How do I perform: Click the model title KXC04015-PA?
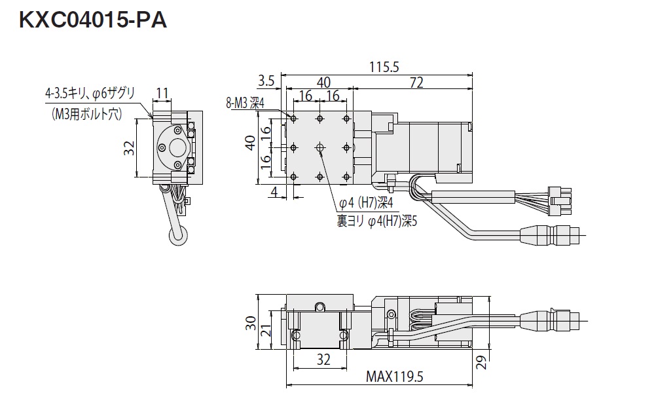93,22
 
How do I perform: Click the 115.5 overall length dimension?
384,66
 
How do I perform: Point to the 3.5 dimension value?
266,82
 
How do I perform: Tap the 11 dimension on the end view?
162,92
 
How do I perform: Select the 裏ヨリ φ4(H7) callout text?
376,221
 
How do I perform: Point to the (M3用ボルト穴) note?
87,113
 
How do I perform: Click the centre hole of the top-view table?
319,148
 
